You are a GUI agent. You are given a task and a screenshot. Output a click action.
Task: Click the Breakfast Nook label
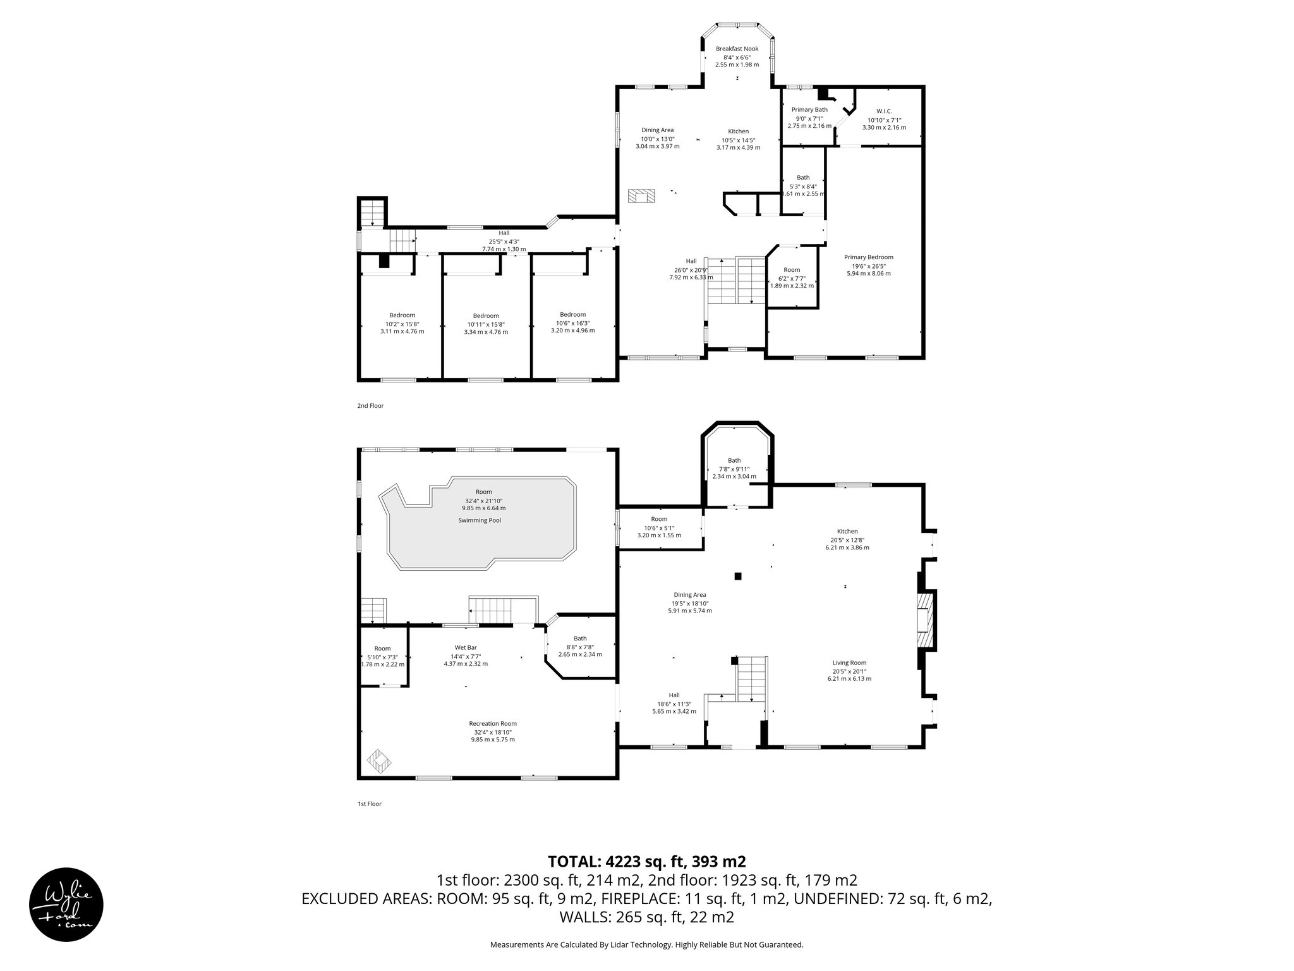[737, 49]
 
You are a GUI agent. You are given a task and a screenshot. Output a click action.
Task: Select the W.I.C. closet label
[884, 111]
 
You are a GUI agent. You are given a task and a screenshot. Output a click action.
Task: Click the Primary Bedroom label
[869, 257]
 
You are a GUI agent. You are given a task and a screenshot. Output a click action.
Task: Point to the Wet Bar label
[465, 647]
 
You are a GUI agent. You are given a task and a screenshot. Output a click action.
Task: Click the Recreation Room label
[493, 724]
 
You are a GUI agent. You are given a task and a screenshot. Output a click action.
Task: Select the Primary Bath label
[809, 109]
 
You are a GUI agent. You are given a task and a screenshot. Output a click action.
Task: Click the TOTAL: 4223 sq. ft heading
[646, 861]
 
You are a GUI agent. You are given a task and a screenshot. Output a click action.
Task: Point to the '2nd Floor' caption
[370, 406]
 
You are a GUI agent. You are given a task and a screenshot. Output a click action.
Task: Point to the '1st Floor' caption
[370, 804]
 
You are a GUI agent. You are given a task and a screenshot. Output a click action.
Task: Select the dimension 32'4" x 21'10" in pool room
[483, 500]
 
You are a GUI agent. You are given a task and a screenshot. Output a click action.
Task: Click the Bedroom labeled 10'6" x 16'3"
[572, 315]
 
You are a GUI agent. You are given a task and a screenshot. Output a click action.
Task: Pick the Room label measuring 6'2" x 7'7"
[792, 270]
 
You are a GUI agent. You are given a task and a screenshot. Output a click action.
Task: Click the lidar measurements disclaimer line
[646, 944]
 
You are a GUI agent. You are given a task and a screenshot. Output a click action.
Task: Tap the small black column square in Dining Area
[737, 576]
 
